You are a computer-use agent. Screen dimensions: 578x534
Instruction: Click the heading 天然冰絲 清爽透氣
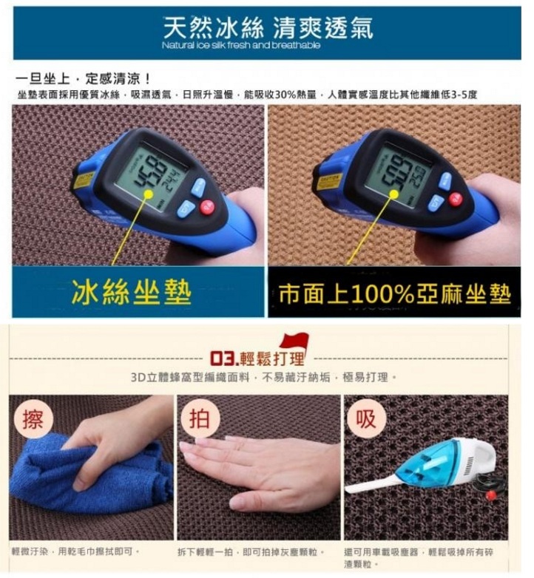[268, 29]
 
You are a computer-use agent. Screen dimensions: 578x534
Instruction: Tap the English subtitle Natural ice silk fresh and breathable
[241, 46]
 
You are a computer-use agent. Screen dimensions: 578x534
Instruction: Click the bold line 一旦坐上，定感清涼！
[83, 78]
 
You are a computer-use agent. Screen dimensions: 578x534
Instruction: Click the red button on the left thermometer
[207, 206]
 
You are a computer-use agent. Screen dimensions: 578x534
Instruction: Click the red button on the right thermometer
[455, 199]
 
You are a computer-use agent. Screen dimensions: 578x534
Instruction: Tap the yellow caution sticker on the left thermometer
[84, 180]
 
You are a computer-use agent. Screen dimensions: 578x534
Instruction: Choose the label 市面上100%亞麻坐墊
[394, 293]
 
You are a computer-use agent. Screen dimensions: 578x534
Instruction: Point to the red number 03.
[222, 361]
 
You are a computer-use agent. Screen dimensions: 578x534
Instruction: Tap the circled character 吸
[366, 419]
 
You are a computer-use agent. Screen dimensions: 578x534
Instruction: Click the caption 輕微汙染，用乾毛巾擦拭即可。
[76, 551]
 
